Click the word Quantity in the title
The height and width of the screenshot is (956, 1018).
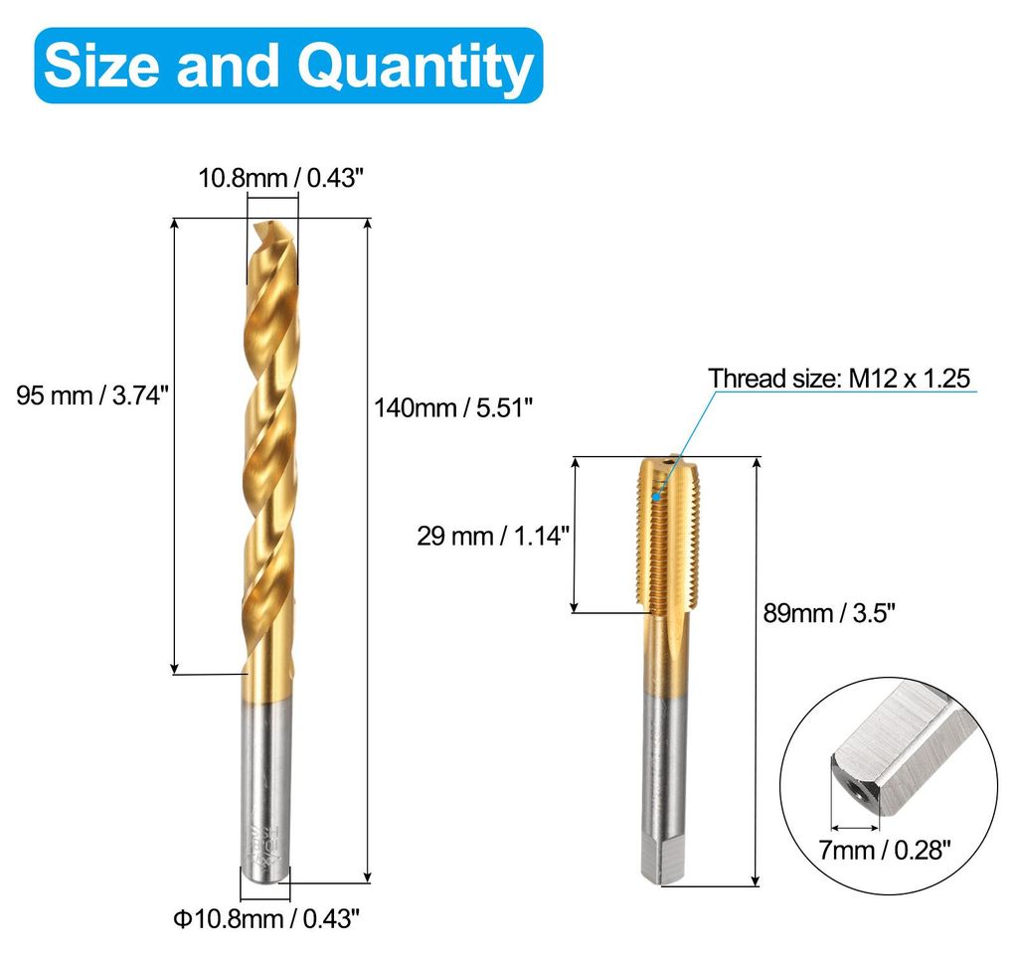coord(416,68)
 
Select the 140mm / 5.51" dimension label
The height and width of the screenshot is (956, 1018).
coord(453,408)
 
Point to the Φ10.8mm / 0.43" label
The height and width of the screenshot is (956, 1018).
coord(266,918)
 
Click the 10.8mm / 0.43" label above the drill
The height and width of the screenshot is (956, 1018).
coord(279,177)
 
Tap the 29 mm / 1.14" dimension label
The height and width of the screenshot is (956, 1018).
coord(493,536)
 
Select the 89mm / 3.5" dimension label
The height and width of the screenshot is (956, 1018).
coord(829,613)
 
